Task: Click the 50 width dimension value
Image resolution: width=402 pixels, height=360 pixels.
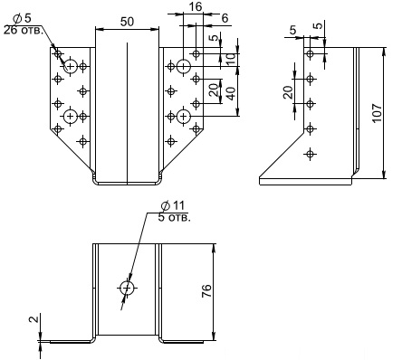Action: [x=127, y=22]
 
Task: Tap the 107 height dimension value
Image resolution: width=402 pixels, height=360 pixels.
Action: [x=377, y=113]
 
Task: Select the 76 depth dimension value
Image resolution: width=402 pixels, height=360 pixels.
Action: [x=206, y=291]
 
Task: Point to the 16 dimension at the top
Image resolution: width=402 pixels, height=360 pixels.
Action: [x=196, y=6]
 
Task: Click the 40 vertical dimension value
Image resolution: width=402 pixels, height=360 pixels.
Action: [x=232, y=94]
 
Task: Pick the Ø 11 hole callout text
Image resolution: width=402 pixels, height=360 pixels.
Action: [x=173, y=206]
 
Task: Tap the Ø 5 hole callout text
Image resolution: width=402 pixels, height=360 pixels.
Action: [x=23, y=18]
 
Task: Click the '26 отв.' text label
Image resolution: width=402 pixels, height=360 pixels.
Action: [x=22, y=30]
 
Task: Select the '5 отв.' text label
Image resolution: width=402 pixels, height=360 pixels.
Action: [x=175, y=218]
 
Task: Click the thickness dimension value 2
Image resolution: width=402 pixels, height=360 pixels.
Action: [x=34, y=319]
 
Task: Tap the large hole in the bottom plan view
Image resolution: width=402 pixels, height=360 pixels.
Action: [x=127, y=289]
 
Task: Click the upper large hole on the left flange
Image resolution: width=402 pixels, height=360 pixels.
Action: [x=71, y=66]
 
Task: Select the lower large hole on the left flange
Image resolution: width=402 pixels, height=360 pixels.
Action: [x=71, y=116]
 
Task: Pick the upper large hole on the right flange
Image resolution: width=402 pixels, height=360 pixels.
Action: [x=183, y=66]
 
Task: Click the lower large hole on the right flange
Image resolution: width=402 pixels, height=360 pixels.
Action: [x=183, y=116]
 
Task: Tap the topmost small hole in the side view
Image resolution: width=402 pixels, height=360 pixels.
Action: [x=310, y=54]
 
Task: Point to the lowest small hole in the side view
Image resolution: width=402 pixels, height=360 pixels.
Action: [x=310, y=154]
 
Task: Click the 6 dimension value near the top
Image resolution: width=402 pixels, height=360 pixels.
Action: [x=225, y=18]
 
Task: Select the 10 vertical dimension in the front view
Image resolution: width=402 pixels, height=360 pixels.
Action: [x=232, y=60]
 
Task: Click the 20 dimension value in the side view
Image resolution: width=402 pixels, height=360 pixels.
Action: [x=289, y=92]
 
